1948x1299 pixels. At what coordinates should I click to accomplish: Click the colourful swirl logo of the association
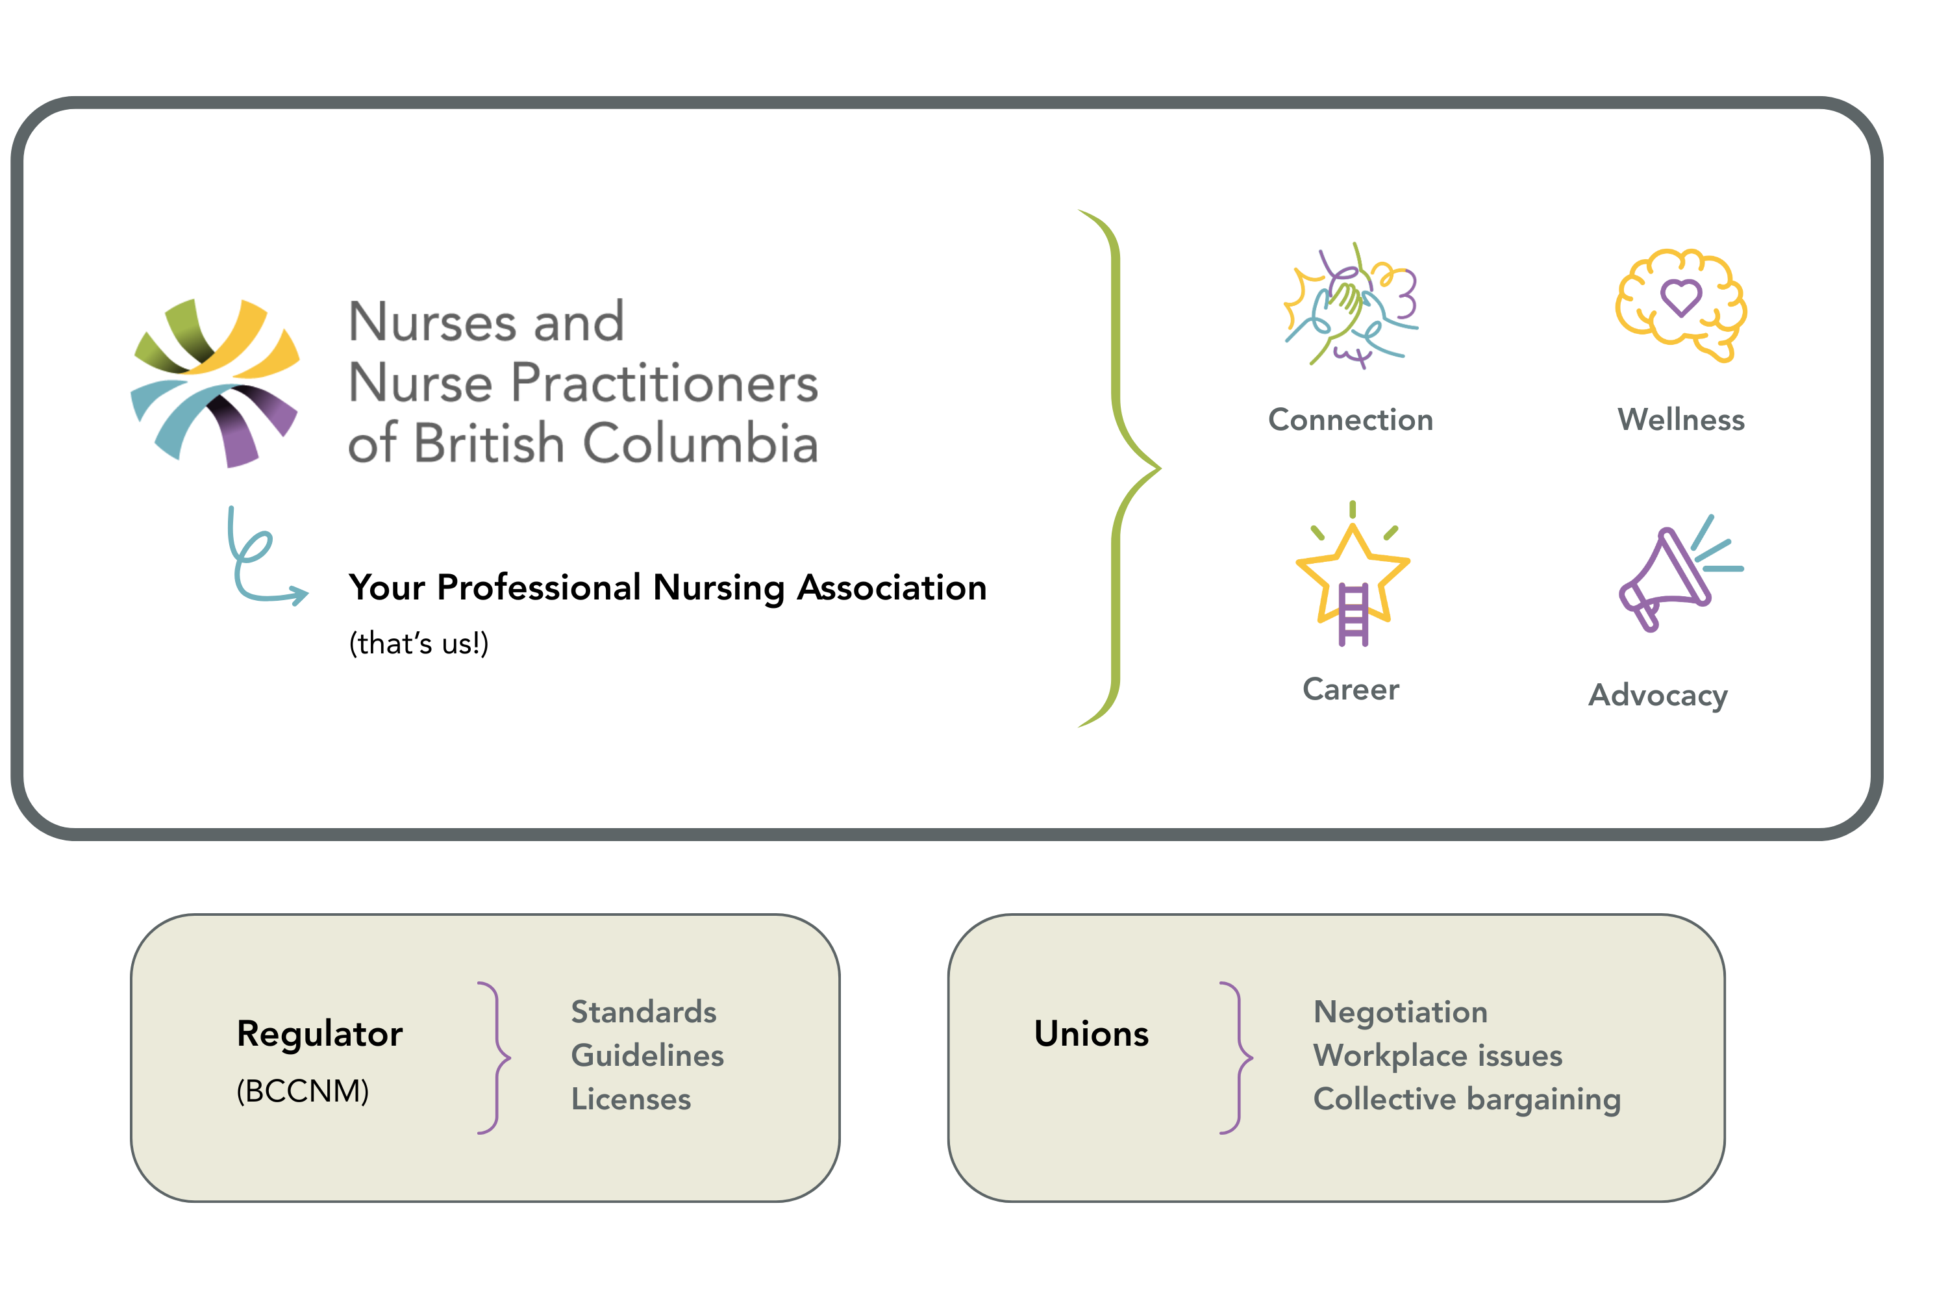[216, 383]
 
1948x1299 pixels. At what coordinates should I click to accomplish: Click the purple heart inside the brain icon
[1681, 297]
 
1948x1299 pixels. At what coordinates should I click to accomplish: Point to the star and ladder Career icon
[1353, 574]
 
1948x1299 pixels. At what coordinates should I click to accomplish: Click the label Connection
[1351, 420]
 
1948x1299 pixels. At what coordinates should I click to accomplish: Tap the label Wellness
[1681, 420]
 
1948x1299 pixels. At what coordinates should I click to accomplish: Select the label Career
[1351, 689]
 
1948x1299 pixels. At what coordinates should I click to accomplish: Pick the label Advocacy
[1658, 696]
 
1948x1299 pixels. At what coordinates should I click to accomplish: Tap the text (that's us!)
[419, 644]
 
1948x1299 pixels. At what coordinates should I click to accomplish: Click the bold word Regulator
[319, 1035]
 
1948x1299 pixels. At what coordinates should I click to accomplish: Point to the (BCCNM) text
[303, 1091]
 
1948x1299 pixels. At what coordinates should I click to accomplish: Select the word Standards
[643, 1011]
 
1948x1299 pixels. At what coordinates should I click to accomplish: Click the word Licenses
[631, 1100]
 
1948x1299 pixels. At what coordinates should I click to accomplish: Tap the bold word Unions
[1092, 1034]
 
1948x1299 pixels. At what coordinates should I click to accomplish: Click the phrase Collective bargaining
[1467, 1100]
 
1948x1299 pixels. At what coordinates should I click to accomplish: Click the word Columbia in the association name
[701, 442]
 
